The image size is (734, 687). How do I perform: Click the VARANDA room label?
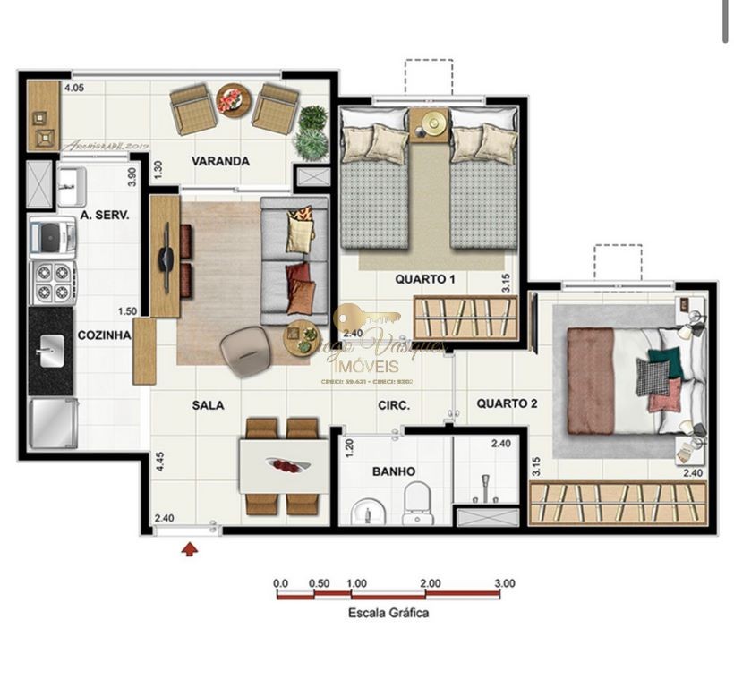220,162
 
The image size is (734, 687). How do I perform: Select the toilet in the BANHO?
417,503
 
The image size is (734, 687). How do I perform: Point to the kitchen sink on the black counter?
50,346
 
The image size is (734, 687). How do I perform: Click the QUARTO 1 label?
425,279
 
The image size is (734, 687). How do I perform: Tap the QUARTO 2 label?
507,403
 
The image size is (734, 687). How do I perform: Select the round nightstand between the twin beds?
434,123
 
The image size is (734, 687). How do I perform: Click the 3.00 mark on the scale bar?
504,583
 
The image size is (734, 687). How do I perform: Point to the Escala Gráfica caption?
388,613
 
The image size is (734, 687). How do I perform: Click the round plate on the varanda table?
231,98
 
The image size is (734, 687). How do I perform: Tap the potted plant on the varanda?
312,131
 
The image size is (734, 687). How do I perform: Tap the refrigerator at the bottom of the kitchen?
50,422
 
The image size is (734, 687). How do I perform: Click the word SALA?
208,405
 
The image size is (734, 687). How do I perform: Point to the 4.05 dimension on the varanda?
73,88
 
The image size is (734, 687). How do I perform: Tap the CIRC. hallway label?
393,405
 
